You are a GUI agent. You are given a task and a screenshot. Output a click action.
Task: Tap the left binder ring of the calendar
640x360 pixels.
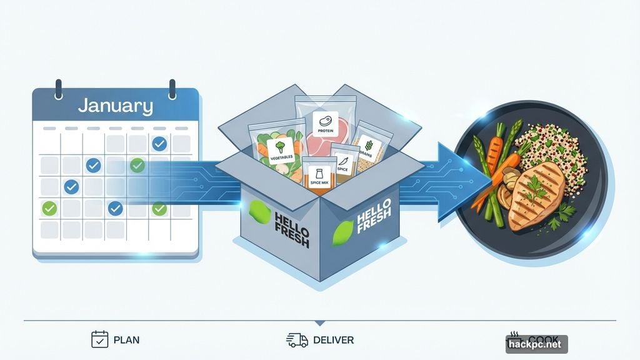(58, 88)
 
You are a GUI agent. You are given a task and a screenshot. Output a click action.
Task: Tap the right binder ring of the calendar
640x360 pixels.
(172, 88)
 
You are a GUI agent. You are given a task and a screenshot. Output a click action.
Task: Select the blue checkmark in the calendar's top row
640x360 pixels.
(159, 144)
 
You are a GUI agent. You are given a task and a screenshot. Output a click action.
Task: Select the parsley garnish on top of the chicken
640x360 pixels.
(535, 186)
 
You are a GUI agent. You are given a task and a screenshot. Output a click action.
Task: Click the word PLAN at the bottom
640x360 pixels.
(127, 341)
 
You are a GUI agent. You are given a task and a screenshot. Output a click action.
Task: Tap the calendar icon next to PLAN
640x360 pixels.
(100, 339)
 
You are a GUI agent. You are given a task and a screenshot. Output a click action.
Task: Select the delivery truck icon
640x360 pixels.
(297, 340)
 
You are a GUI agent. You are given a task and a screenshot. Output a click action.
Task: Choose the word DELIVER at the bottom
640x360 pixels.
(334, 341)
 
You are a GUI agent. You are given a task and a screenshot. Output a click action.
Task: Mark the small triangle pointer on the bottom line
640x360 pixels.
(320, 323)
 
